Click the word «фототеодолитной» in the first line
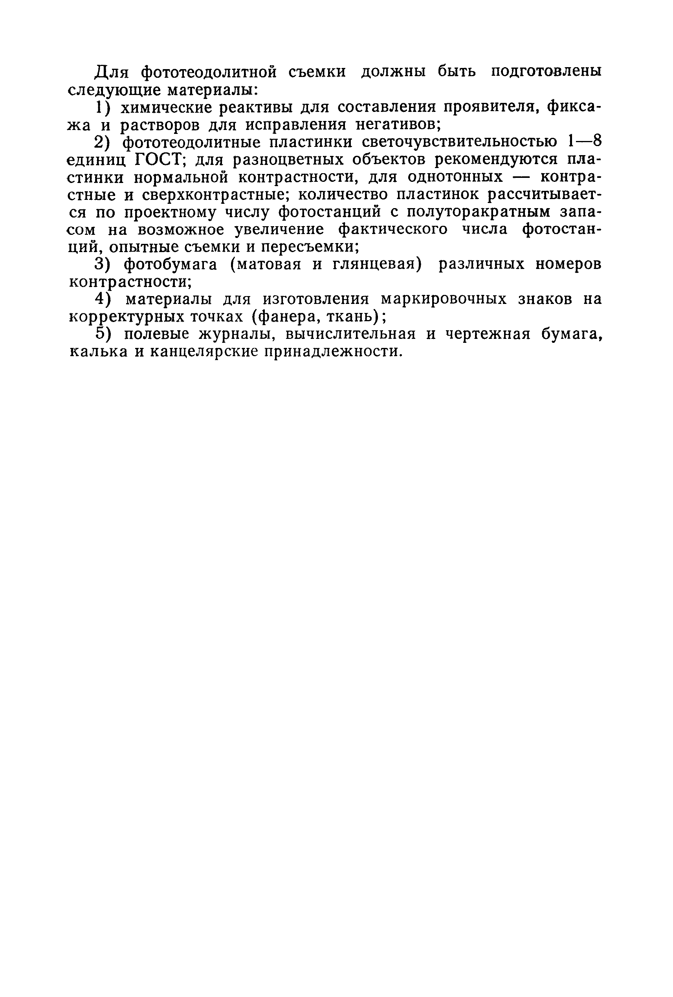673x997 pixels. tap(209, 72)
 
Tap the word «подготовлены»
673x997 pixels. tap(546, 72)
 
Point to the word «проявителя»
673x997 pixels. tap(491, 108)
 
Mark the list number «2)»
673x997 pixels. tap(104, 143)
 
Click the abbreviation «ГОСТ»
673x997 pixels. tap(159, 160)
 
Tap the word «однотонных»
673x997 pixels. tap(455, 177)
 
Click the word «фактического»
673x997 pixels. tap(393, 230)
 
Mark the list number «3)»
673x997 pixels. tap(104, 265)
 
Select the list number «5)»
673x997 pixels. tap(104, 334)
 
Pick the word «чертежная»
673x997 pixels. tap(488, 334)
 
